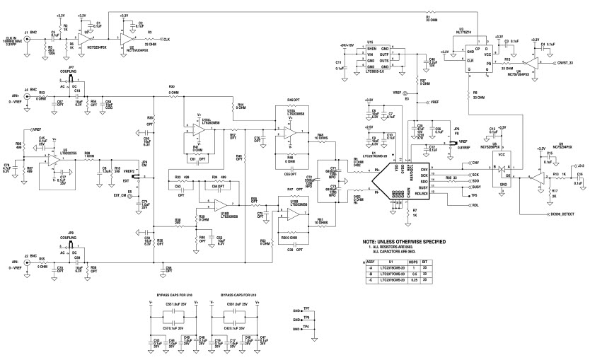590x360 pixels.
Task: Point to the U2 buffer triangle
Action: click(128, 35)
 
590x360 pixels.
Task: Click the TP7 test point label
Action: click(306, 309)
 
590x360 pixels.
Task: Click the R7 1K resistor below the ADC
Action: click(415, 212)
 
